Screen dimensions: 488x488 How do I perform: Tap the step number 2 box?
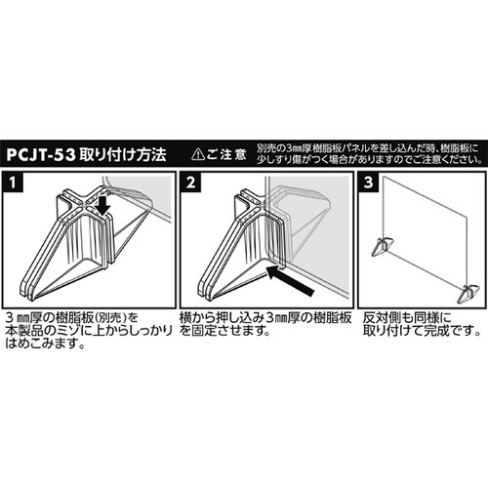[191, 183]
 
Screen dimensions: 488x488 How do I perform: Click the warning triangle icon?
[198, 153]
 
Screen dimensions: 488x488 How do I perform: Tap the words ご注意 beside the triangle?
[228, 153]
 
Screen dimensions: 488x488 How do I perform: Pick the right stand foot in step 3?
[469, 291]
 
